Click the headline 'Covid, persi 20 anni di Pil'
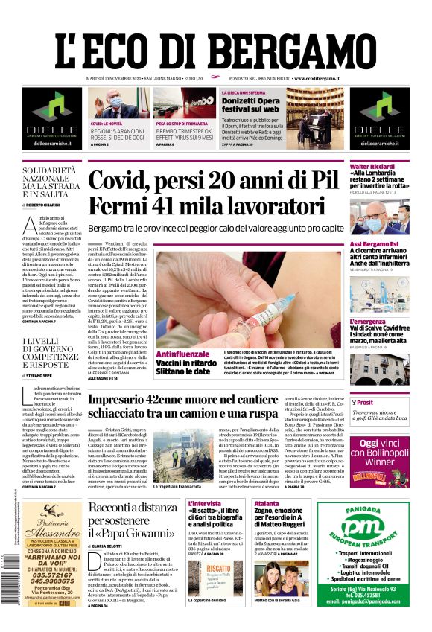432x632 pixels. tap(213, 182)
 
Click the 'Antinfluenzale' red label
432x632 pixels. tap(182, 354)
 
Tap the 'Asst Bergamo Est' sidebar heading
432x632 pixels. tap(375, 244)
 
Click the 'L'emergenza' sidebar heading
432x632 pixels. tap(368, 322)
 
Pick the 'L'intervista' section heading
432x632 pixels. tap(205, 503)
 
